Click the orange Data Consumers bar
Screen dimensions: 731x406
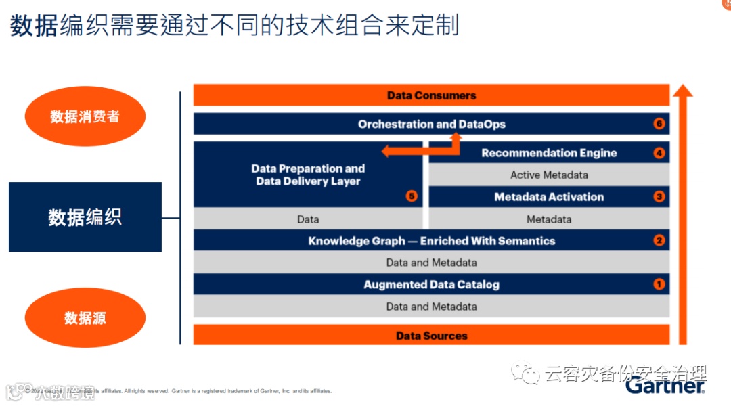pos(431,95)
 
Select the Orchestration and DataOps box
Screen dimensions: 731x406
pos(431,124)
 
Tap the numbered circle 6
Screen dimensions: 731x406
pos(659,124)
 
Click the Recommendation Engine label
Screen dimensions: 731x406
pos(549,153)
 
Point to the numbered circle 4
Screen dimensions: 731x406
pos(659,153)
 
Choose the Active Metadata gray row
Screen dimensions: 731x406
pos(549,175)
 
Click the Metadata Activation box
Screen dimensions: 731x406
pos(549,197)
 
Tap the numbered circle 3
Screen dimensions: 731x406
pos(659,197)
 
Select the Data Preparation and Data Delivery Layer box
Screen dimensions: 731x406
pos(308,175)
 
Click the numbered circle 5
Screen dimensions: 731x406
pos(411,196)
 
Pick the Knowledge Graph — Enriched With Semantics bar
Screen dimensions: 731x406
pos(431,240)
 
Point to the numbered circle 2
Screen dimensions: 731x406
pos(659,240)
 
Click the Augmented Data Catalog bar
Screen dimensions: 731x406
pos(431,284)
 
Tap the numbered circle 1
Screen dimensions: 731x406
pos(659,284)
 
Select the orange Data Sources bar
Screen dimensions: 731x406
pos(431,336)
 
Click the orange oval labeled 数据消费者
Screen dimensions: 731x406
pos(85,116)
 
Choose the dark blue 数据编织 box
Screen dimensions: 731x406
pos(85,217)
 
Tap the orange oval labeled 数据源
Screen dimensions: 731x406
pos(85,318)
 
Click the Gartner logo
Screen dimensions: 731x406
pos(665,386)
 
